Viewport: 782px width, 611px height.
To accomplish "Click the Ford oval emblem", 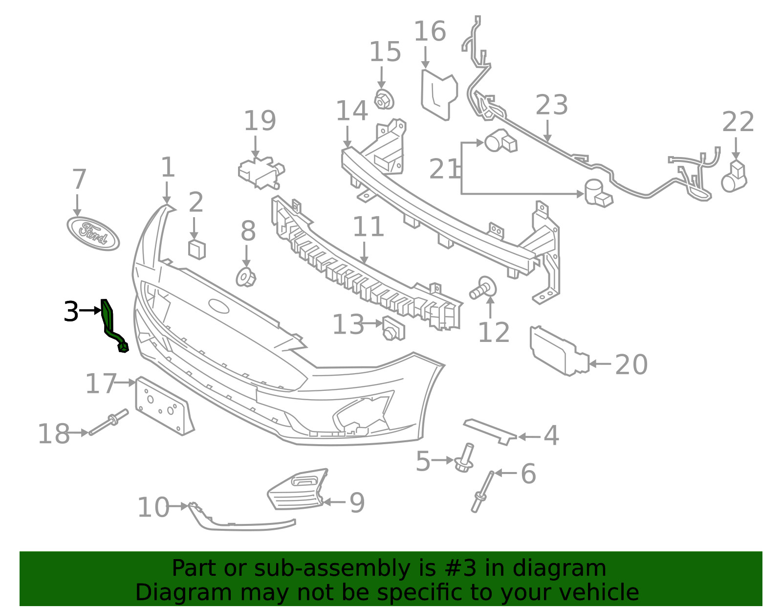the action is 93,233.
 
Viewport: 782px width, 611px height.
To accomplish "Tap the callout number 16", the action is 430,31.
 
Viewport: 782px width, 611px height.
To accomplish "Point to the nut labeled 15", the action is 384,99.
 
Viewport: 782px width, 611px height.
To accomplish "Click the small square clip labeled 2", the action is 197,249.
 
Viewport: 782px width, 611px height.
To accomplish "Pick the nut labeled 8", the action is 246,277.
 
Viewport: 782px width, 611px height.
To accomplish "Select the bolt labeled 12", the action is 483,288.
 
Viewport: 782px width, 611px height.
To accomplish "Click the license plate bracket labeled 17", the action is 164,406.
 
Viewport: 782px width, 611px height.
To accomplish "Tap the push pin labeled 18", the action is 109,422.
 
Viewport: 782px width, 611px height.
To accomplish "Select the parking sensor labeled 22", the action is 734,177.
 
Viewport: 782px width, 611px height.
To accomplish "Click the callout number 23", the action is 552,105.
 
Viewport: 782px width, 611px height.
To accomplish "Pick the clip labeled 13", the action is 393,328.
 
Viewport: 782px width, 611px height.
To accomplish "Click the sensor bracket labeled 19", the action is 261,172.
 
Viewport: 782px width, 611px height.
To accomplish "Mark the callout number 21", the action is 443,169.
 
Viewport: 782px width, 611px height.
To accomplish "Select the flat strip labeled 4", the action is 490,431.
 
